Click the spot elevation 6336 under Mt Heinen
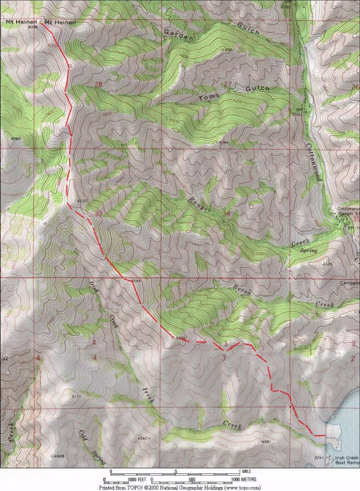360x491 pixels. coord(33,29)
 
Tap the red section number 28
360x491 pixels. coord(99,85)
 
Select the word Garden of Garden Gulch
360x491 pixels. coord(178,34)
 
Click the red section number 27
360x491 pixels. coord(228,85)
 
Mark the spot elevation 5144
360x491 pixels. coord(223,143)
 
